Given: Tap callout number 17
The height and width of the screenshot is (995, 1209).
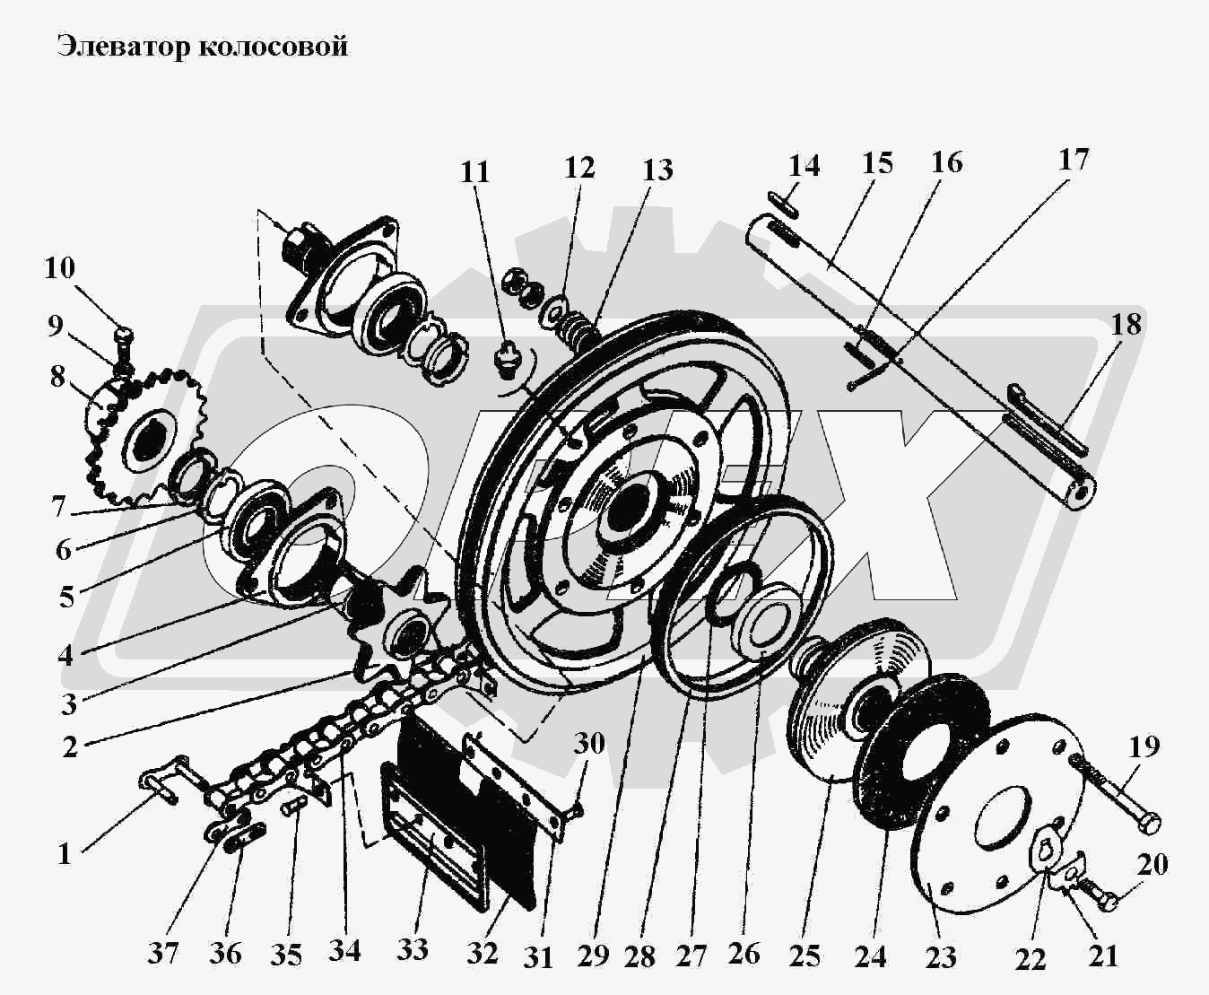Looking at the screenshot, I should pyautogui.click(x=1073, y=159).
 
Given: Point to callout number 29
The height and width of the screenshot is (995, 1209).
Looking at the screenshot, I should pyautogui.click(x=593, y=956).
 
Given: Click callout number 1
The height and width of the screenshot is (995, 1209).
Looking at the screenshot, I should pyautogui.click(x=64, y=853).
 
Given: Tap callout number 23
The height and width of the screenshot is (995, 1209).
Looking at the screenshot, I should pyautogui.click(x=941, y=956).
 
